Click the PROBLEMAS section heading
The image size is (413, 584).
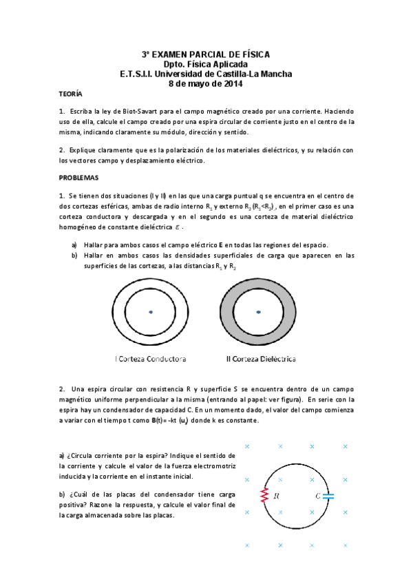tap(79, 178)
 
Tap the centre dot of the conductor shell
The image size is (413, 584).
tap(150, 313)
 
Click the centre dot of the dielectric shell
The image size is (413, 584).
tap(259, 313)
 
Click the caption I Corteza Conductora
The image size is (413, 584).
tap(151, 359)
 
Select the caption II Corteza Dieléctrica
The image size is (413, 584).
tap(261, 359)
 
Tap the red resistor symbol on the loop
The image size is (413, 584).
tap(264, 495)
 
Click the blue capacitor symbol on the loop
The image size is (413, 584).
tap(328, 495)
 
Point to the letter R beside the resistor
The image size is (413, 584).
tap(275, 495)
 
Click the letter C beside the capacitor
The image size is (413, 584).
tap(318, 495)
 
